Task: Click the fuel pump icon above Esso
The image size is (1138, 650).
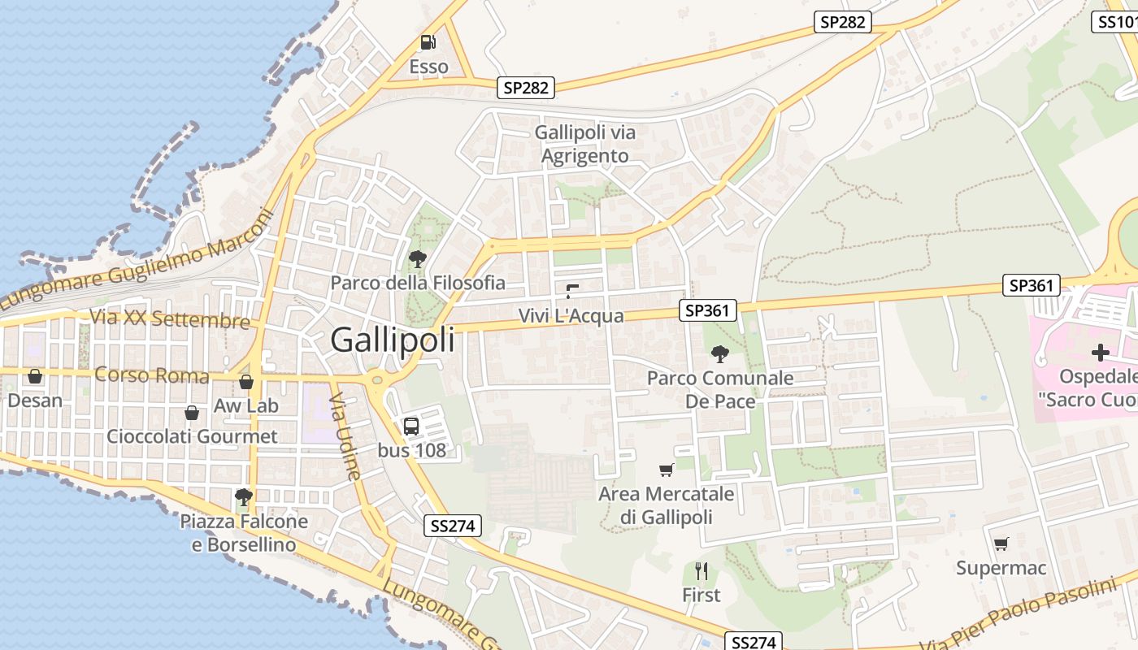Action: (x=428, y=42)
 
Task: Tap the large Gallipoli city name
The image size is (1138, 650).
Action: (x=393, y=340)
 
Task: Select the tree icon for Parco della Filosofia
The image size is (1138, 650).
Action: (x=418, y=259)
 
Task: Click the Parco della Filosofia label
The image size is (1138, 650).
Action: (x=418, y=283)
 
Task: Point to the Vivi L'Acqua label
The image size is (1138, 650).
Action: (x=571, y=316)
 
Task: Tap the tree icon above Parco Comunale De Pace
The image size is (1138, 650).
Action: (x=719, y=353)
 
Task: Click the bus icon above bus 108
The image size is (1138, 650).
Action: (x=411, y=426)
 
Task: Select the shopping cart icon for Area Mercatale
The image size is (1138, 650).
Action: (x=667, y=470)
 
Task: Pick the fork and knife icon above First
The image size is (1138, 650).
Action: (x=701, y=571)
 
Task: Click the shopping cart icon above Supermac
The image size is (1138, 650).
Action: (x=1001, y=544)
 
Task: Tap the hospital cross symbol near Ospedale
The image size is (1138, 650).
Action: (x=1101, y=353)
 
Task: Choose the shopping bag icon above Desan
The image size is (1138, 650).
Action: (x=35, y=376)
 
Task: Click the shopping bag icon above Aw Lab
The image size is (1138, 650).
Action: (x=246, y=381)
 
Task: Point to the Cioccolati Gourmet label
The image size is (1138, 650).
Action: (x=193, y=436)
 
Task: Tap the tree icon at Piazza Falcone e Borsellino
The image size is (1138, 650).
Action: (x=243, y=496)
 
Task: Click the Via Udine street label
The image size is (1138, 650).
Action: (x=344, y=438)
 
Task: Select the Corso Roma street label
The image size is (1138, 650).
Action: (x=152, y=375)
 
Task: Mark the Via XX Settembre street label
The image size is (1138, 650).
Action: (x=170, y=318)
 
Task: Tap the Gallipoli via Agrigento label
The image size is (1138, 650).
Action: (x=585, y=144)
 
